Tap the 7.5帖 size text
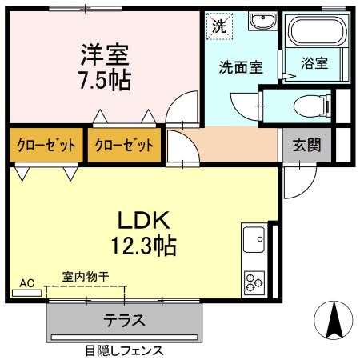(105, 80)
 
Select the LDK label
(145, 219)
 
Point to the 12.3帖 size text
(145, 243)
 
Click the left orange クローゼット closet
(45, 146)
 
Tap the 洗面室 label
(240, 67)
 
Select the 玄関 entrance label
(306, 146)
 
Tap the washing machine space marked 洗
(218, 25)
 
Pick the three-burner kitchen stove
(254, 281)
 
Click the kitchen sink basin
(254, 238)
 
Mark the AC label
(26, 283)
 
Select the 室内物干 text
(86, 277)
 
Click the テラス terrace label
(124, 321)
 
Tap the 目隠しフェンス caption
(124, 350)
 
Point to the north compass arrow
(335, 322)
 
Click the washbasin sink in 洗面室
(261, 22)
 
